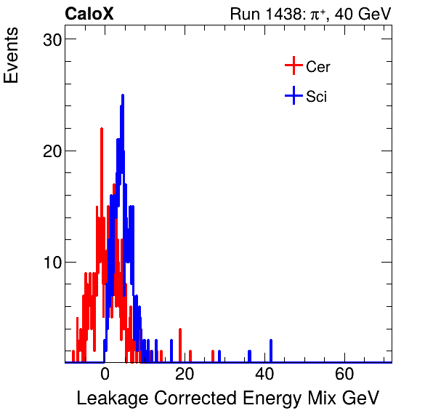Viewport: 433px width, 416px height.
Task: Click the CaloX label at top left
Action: (89, 14)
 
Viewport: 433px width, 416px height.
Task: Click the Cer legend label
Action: (318, 67)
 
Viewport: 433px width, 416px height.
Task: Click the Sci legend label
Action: (317, 96)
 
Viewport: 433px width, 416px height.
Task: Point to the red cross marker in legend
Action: (293, 66)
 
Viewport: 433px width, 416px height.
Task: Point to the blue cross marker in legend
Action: (293, 95)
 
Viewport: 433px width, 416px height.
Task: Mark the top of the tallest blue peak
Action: (123, 95)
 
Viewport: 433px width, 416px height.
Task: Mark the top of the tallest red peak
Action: (101, 129)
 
